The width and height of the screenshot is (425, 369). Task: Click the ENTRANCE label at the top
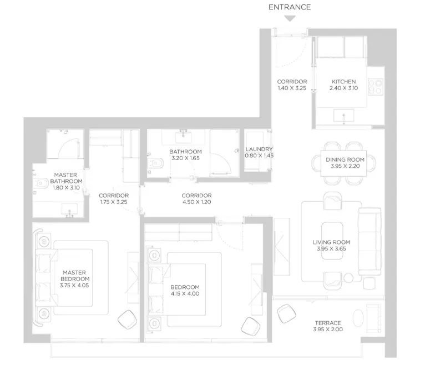(x=290, y=7)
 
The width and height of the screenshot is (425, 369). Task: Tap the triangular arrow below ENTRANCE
(x=290, y=18)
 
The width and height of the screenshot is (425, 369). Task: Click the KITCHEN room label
(x=343, y=82)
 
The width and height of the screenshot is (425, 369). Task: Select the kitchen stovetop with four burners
(x=376, y=86)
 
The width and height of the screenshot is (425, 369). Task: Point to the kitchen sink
(x=343, y=116)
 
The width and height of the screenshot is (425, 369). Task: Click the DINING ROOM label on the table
(x=345, y=159)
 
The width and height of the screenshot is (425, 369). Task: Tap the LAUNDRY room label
(x=259, y=149)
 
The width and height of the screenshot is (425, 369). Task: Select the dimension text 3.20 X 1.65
(x=185, y=158)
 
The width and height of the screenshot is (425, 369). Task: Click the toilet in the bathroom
(x=155, y=163)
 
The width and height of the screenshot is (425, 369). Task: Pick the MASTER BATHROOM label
(x=66, y=178)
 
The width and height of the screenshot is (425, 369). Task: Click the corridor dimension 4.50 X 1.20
(x=196, y=202)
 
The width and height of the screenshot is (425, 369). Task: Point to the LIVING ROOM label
(x=331, y=242)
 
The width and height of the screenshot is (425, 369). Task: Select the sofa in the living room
(x=370, y=241)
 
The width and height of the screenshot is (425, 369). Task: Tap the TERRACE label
(x=328, y=323)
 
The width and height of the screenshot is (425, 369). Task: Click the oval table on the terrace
(x=358, y=318)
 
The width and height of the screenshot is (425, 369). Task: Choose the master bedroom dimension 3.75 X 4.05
(x=74, y=286)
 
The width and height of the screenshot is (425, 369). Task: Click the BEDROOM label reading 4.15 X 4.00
(x=185, y=290)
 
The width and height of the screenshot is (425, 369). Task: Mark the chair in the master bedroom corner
(x=127, y=320)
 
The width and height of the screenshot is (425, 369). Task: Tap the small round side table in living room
(x=348, y=278)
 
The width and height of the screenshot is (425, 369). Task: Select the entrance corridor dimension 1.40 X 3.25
(x=292, y=88)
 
